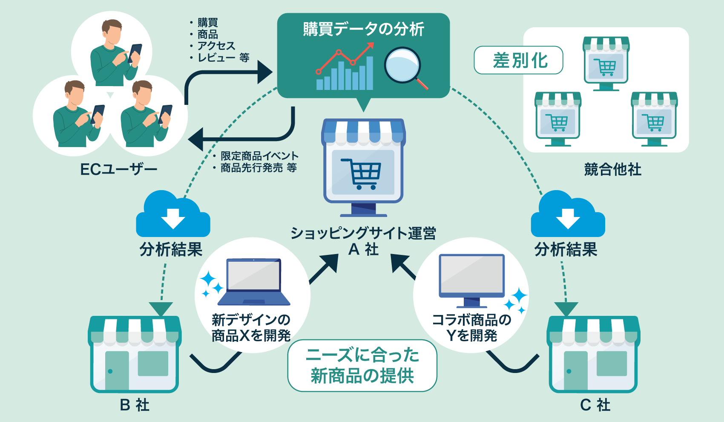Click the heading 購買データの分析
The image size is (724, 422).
click(363, 29)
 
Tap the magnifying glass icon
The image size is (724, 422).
click(402, 66)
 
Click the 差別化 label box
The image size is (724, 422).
click(518, 60)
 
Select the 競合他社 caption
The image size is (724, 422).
click(612, 170)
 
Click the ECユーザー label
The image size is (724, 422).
click(118, 170)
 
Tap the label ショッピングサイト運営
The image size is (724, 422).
click(363, 233)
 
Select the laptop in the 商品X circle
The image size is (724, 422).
click(254, 281)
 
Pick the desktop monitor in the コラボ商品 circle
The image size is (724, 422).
click(471, 279)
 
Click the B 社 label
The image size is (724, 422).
click(135, 405)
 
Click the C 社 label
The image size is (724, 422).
click(595, 405)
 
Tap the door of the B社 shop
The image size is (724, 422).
click(117, 370)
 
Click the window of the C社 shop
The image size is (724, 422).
click(612, 363)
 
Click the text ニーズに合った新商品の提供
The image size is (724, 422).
click(362, 366)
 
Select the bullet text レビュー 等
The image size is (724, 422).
click(223, 58)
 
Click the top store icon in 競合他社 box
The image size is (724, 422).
click(606, 63)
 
